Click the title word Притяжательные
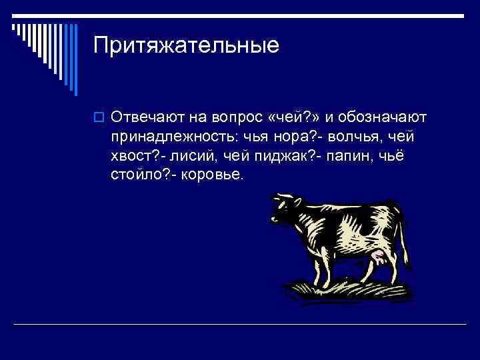(x=186, y=47)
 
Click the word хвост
(x=132, y=157)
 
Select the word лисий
(x=193, y=157)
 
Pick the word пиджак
(x=288, y=157)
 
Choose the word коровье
(x=213, y=176)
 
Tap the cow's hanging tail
(x=403, y=233)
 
